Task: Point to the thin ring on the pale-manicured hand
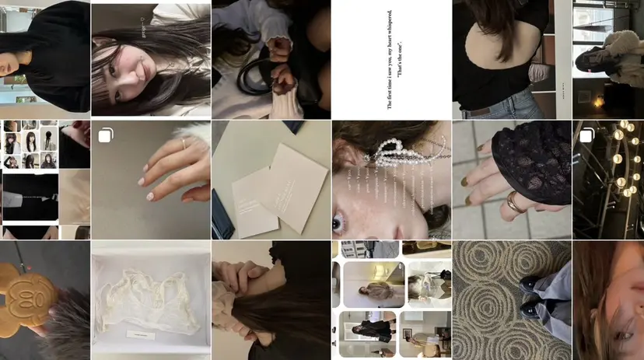tap(184, 144)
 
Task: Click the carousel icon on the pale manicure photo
tap(105, 136)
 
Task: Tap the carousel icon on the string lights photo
tap(586, 136)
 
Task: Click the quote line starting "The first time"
tap(389, 59)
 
